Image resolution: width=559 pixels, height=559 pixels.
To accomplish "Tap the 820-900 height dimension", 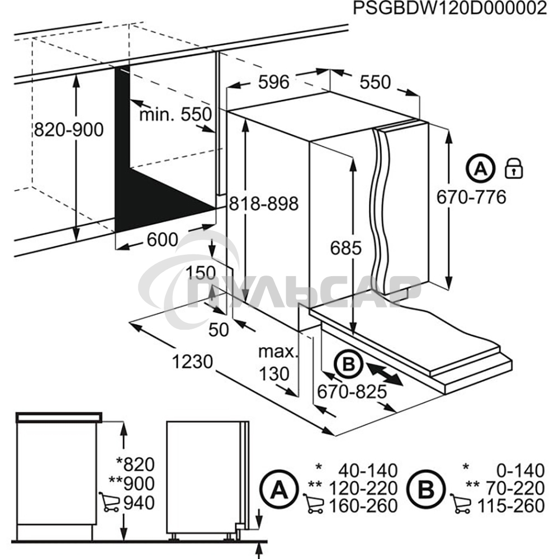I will [x=69, y=130].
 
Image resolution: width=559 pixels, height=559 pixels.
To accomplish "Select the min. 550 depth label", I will [x=176, y=115].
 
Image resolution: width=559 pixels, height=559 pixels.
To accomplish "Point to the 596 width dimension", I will [x=274, y=82].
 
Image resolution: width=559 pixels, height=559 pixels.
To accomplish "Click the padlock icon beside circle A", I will [x=513, y=168].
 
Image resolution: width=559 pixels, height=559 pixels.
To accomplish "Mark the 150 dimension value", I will [x=201, y=273].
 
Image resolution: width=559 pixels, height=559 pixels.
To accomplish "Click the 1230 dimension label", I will [x=192, y=362].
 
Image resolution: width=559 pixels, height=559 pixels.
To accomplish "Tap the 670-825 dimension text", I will [x=352, y=392].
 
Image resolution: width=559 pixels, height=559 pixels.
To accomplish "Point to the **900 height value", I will [x=135, y=483].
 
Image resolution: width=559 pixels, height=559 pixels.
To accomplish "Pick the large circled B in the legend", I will [x=427, y=489].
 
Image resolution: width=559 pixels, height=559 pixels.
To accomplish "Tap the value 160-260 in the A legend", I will [x=363, y=506].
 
